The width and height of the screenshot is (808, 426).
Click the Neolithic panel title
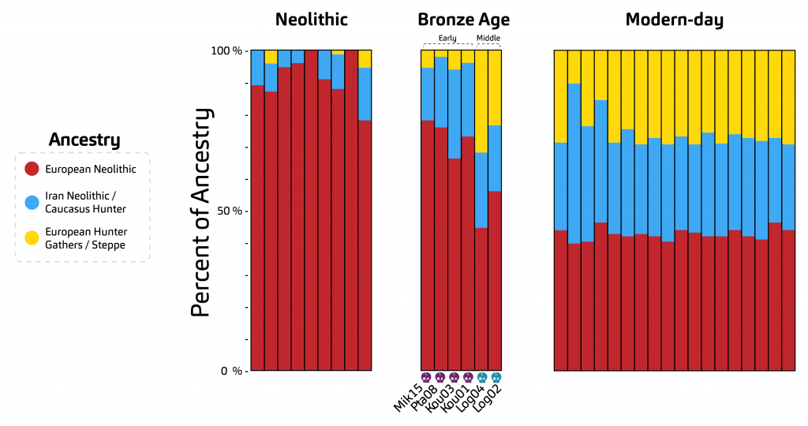311,20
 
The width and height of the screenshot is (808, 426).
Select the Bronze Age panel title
463,20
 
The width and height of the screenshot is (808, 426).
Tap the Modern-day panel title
674,20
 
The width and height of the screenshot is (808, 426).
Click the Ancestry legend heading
84,140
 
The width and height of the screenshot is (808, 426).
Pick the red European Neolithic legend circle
32,169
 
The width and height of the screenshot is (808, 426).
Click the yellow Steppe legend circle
32,238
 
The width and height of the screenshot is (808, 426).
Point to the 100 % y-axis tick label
226,51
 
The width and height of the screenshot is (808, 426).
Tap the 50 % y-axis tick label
230,211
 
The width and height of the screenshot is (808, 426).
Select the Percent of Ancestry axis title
202,211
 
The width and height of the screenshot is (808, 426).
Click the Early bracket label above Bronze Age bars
447,38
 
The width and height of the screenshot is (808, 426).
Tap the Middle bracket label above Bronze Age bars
488,38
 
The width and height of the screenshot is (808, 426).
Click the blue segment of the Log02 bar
495,158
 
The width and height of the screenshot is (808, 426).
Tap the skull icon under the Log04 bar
482,377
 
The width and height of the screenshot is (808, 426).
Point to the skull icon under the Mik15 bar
427,377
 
